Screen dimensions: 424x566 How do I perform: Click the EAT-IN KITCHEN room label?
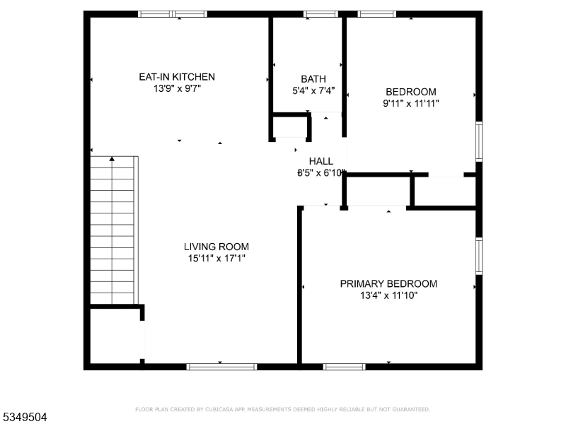(176, 77)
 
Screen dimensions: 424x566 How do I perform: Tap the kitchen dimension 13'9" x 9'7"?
(176, 89)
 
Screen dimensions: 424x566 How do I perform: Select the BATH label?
(313, 78)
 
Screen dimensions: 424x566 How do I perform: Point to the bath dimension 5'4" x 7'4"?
(313, 90)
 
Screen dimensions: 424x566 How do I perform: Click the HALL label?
(320, 161)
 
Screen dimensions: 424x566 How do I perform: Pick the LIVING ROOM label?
(216, 247)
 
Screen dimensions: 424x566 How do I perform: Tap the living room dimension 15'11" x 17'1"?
(216, 259)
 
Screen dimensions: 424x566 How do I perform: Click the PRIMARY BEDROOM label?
(388, 283)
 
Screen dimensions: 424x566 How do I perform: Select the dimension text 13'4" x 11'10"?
(388, 295)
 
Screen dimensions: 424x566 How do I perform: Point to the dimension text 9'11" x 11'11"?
(410, 103)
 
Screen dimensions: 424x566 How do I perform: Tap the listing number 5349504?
(25, 417)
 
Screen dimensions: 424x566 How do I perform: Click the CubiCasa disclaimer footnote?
(282, 409)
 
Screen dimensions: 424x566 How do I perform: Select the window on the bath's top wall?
(320, 13)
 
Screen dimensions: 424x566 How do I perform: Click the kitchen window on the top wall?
(173, 13)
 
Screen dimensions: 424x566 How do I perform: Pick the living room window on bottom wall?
(221, 366)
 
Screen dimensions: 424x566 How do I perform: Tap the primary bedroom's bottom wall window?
(345, 366)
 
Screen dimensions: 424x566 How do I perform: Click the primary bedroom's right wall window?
(479, 255)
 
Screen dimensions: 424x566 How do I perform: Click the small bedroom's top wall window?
(376, 13)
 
